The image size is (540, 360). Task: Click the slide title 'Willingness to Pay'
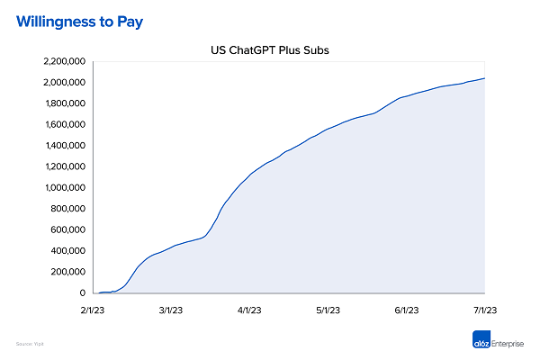point(79,19)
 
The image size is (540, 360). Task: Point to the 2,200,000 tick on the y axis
point(62,61)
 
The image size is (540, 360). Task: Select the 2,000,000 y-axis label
point(62,83)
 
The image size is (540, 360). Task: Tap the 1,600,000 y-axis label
point(62,124)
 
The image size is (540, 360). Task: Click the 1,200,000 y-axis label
point(62,166)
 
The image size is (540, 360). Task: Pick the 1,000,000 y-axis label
point(62,188)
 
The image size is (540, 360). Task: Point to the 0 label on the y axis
point(84,293)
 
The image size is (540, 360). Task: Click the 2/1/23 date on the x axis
point(91,310)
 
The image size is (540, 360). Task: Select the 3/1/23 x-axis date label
point(170,310)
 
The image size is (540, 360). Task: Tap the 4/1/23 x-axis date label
point(248,310)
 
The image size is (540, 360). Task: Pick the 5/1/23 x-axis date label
point(328,310)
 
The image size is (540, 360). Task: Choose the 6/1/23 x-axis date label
point(407,310)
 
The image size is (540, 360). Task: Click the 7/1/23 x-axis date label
point(485,310)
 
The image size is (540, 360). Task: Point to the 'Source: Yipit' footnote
point(31,344)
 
